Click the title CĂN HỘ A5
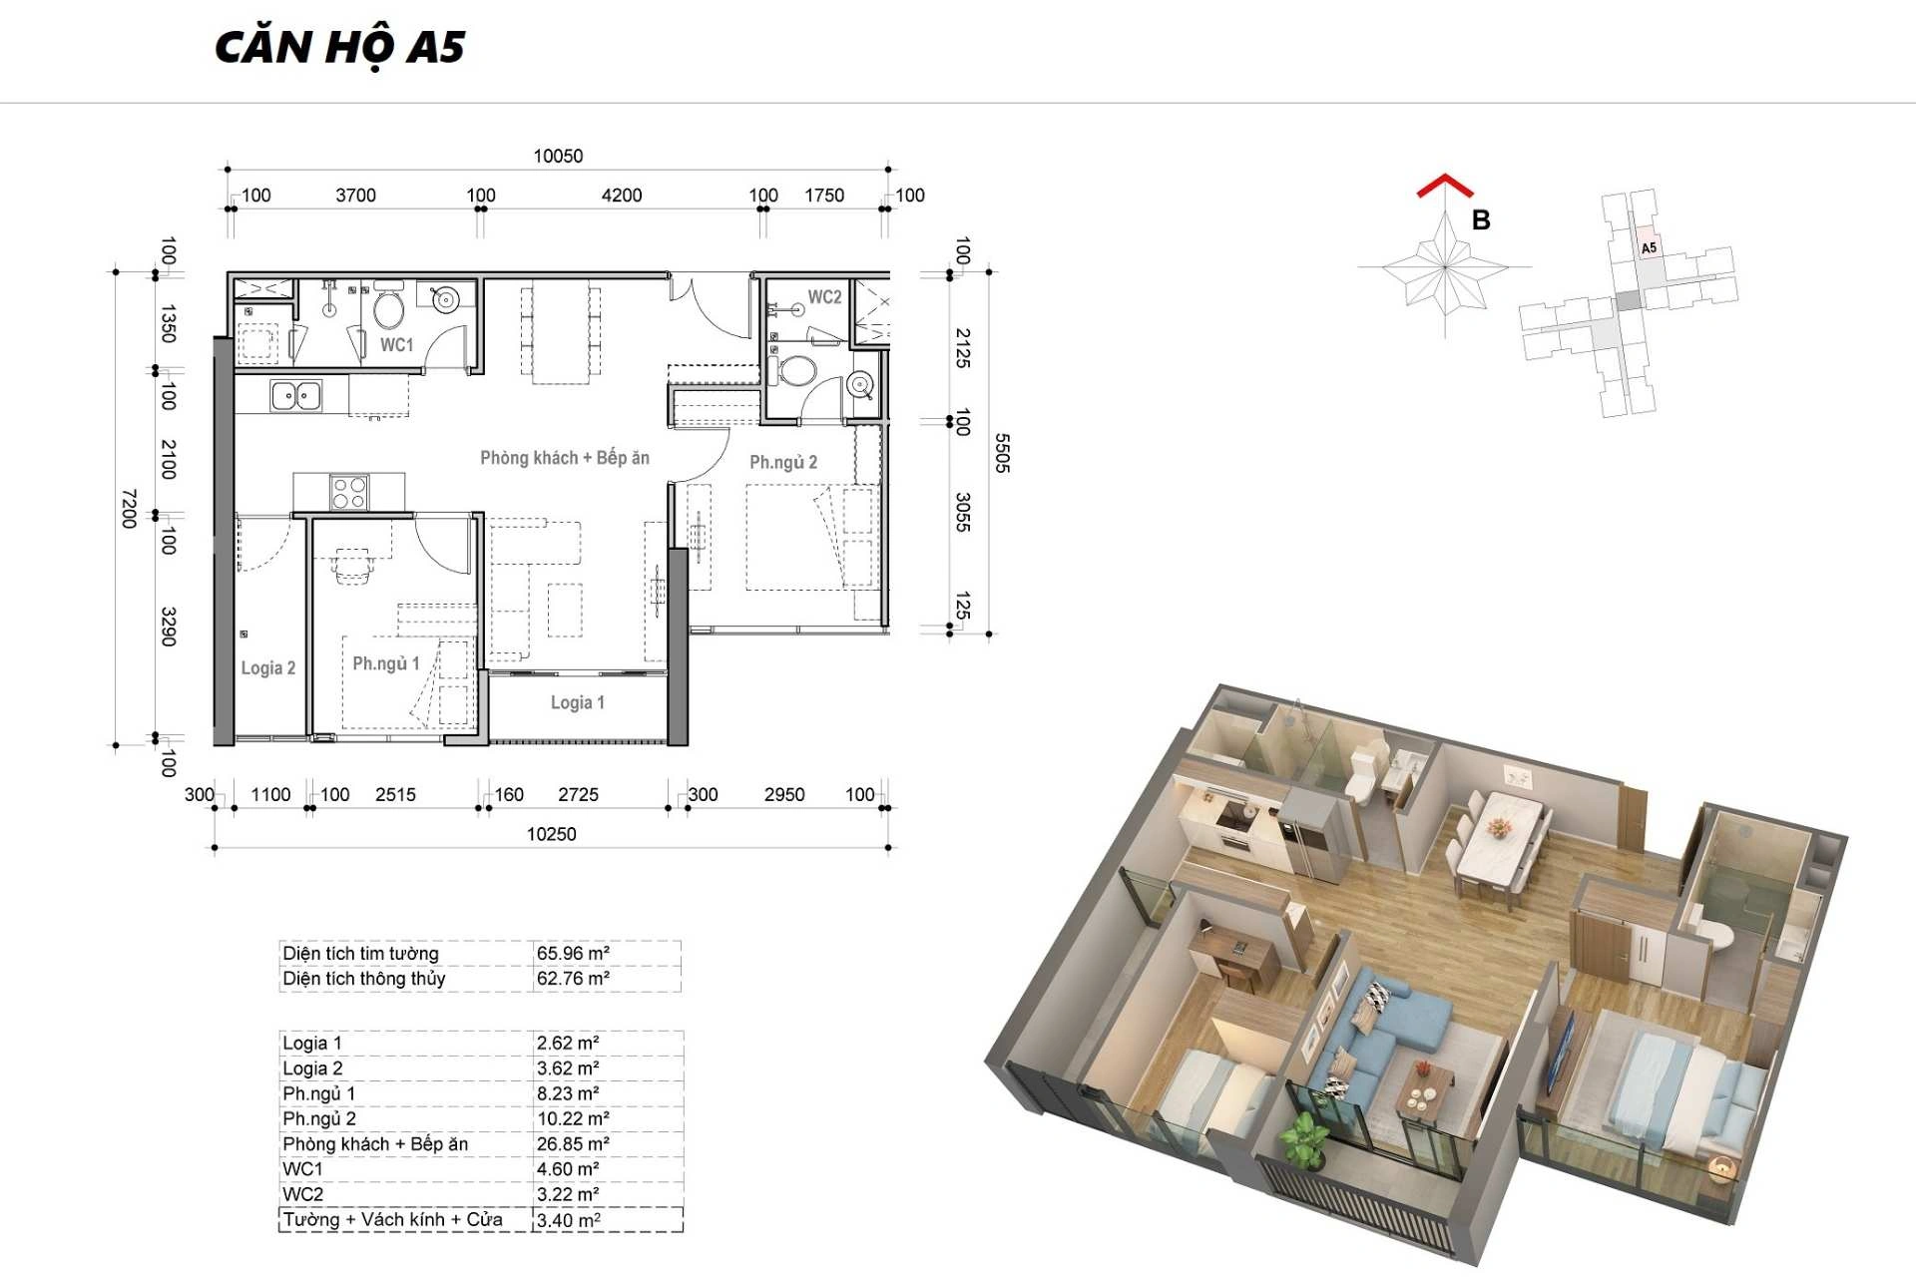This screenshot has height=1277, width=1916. coord(339,48)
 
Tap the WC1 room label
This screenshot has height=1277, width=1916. coord(396,344)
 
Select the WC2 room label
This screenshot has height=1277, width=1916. coord(824,296)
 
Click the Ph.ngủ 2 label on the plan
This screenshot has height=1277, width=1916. coord(783,462)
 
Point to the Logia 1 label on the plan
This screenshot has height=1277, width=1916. coord(578,702)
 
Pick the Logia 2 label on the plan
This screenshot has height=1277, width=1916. coord(268,668)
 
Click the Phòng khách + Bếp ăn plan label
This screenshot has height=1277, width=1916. coord(565,458)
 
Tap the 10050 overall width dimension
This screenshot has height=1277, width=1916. coord(558,156)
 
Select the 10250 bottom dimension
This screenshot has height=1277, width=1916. coord(552,834)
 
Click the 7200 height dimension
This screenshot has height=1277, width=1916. coord(129,509)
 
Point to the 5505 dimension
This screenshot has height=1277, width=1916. coord(1002,453)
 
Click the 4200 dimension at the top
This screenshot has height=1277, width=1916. coord(622,196)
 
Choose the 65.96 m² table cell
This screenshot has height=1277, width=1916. coord(573,953)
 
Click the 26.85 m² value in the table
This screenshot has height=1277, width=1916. coord(573,1144)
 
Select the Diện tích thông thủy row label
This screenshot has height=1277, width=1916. coord(364,979)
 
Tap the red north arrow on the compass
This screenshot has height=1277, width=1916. coord(1445,186)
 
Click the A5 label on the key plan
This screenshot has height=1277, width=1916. coord(1649,247)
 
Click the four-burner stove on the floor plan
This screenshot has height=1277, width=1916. coord(349,492)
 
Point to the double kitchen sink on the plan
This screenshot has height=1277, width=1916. coord(296,396)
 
